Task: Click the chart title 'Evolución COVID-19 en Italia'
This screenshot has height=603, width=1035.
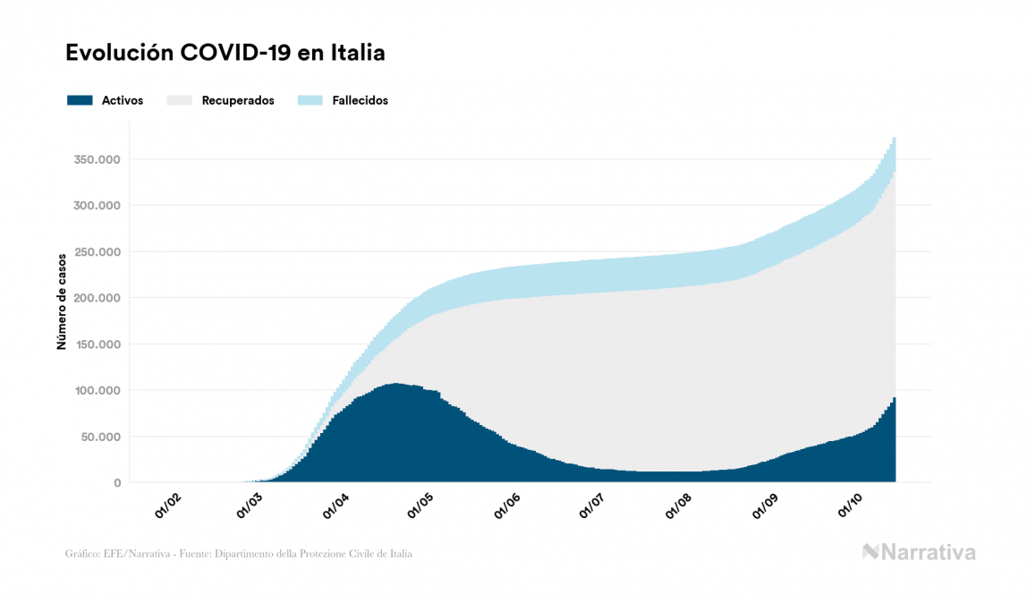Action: click(x=225, y=53)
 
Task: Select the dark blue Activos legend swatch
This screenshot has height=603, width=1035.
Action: click(x=80, y=100)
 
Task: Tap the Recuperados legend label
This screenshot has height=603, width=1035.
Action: click(x=238, y=100)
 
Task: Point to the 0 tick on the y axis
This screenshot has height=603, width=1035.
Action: click(x=116, y=483)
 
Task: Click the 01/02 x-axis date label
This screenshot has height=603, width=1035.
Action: click(x=168, y=507)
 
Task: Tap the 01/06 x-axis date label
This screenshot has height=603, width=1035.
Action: click(x=507, y=507)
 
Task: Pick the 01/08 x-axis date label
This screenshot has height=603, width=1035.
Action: click(x=679, y=507)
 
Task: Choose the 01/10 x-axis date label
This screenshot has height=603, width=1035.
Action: click(x=850, y=507)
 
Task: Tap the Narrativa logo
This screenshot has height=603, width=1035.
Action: click(x=919, y=552)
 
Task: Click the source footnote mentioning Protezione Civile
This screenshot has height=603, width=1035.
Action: click(x=239, y=554)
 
